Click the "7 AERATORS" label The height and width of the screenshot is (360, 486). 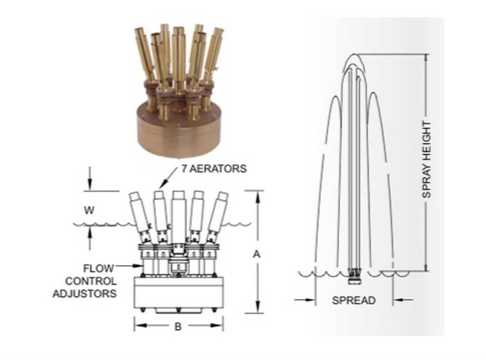click(x=214, y=169)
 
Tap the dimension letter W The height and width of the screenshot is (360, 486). click(x=89, y=210)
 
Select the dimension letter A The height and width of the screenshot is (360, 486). click(x=257, y=254)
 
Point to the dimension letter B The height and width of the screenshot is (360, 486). click(x=178, y=326)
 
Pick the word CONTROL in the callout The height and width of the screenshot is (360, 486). click(x=91, y=281)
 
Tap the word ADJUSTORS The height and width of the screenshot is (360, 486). click(x=84, y=294)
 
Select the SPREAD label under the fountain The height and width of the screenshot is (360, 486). click(x=354, y=300)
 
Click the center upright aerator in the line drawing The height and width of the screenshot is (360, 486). click(x=179, y=217)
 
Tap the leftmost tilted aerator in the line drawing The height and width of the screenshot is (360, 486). click(x=140, y=217)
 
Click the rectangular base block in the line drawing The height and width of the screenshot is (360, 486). click(x=178, y=293)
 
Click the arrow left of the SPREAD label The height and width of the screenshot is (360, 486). click(x=305, y=300)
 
